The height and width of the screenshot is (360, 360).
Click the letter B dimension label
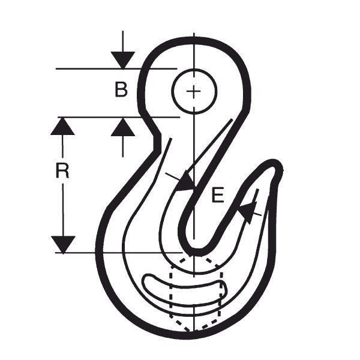pyautogui.click(x=121, y=89)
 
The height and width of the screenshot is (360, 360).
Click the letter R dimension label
pyautogui.click(x=62, y=170)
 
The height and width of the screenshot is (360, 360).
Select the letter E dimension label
pyautogui.click(x=218, y=195)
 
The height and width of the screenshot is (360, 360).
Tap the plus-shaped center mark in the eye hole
pyautogui.click(x=194, y=91)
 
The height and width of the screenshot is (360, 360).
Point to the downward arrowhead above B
pyautogui.click(x=123, y=60)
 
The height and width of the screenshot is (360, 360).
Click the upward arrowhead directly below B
pyautogui.click(x=123, y=127)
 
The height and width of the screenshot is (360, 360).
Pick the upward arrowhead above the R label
pyautogui.click(x=62, y=126)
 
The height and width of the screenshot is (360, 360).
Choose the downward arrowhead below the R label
pyautogui.click(x=63, y=244)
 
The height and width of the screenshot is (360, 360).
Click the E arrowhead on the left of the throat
pyautogui.click(x=185, y=182)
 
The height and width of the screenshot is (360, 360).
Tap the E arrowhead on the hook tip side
pyautogui.click(x=247, y=212)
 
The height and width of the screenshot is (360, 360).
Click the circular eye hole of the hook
pyautogui.click(x=194, y=91)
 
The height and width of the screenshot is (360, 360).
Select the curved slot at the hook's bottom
pyautogui.click(x=184, y=290)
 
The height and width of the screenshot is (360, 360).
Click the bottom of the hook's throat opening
pyautogui.click(x=194, y=252)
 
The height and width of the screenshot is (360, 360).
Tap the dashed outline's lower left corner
pyautogui.click(x=171, y=316)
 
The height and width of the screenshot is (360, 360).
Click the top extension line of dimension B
pyautogui.click(x=116, y=68)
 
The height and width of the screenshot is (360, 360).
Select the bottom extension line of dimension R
pyautogui.click(x=119, y=253)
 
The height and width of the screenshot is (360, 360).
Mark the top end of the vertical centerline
pyautogui.click(x=194, y=33)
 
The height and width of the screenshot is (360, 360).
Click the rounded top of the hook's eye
pyautogui.click(x=194, y=41)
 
